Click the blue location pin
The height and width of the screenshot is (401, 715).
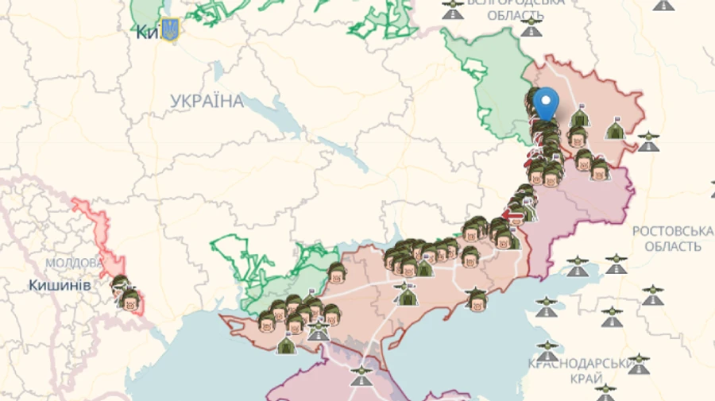(545, 104)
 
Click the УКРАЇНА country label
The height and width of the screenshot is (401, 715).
(207, 101)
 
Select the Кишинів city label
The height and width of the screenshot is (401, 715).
(60, 285)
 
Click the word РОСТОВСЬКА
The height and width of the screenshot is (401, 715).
(672, 231)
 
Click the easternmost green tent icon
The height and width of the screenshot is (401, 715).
(615, 129)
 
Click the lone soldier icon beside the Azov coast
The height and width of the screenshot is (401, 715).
(477, 299)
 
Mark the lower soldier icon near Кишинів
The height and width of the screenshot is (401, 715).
(129, 300)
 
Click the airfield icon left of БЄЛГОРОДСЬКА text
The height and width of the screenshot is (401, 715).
(453, 10)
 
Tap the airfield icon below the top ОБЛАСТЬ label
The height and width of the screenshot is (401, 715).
(531, 29)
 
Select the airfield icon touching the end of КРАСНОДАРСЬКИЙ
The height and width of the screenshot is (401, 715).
(638, 364)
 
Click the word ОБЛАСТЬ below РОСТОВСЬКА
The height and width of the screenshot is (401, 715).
(672, 247)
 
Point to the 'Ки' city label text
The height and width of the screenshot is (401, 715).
(147, 32)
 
